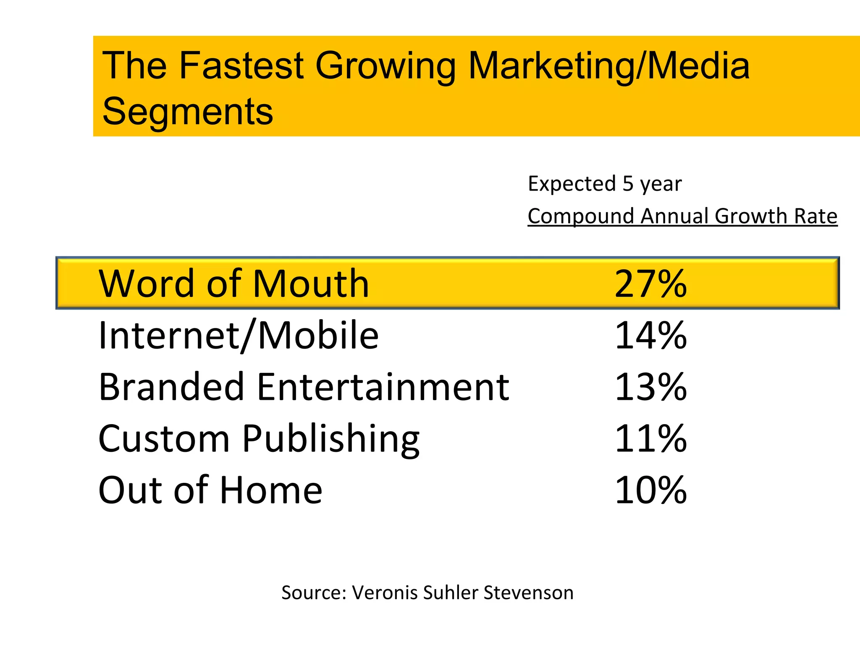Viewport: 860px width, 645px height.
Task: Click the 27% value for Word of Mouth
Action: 650,284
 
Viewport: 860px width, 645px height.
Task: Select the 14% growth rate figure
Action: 650,336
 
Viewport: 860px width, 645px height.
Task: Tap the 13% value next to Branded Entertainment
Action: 650,387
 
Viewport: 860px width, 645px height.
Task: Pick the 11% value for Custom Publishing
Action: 650,439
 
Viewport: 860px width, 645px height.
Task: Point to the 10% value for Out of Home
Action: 650,490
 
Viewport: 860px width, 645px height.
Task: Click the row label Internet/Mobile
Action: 238,336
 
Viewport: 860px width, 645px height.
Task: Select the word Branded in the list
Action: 171,387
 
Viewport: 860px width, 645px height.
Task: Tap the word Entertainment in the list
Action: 383,387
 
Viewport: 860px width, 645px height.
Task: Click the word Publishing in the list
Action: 331,440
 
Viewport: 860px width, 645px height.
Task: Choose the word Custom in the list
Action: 164,439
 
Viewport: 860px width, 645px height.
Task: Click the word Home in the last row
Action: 271,490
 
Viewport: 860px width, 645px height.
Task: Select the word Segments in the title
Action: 187,112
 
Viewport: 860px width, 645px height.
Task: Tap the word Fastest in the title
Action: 241,66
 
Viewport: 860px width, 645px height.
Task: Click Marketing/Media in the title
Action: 608,66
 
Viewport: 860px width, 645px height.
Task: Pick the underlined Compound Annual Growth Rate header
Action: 682,216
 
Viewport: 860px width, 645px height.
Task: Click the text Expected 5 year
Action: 604,184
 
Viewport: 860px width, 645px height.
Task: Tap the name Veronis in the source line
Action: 385,593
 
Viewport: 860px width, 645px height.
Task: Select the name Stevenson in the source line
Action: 528,593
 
